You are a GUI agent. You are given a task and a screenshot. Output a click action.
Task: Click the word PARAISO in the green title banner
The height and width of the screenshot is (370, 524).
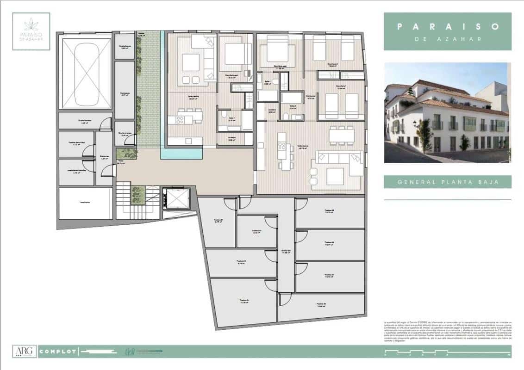(448, 26)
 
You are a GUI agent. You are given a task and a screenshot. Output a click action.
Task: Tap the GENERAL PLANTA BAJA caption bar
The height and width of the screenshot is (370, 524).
(448, 182)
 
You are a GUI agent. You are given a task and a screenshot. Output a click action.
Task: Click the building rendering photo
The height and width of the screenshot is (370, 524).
(448, 113)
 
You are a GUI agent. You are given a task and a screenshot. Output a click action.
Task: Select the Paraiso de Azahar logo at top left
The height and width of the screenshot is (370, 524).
(31, 31)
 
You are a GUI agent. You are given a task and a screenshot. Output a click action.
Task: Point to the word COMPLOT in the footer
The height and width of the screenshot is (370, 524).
(58, 351)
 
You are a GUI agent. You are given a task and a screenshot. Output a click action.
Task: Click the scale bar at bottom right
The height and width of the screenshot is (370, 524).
(447, 354)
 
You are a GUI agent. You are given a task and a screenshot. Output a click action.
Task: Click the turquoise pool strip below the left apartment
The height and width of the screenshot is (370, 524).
(181, 153)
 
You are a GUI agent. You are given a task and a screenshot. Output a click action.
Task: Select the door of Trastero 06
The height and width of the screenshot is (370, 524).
(301, 237)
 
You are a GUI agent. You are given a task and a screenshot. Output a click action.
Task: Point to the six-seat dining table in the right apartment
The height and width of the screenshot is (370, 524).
(341, 134)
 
